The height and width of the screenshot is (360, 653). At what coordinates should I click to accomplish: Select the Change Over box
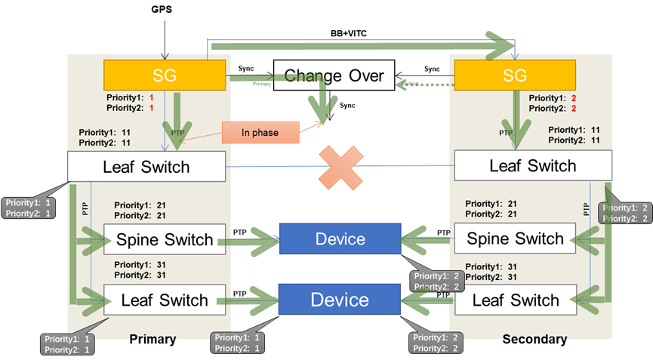pos(334,75)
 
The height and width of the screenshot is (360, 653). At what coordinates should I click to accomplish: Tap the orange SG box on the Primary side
pos(165,75)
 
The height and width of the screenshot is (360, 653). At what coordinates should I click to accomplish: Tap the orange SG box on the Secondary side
pos(515,75)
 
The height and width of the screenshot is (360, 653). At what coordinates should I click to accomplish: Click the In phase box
pos(260,133)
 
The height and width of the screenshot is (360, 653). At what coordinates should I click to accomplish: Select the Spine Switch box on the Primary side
pos(165,241)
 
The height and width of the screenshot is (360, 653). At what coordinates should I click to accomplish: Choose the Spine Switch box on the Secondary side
pos(515,239)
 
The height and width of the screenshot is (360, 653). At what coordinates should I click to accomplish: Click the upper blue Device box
pos(340,239)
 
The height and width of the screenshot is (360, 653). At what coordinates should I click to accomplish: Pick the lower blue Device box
pos(340,300)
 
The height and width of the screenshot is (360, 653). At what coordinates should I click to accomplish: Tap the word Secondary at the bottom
pos(534,339)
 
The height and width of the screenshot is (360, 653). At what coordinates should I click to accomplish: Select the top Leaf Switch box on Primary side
pos(146,166)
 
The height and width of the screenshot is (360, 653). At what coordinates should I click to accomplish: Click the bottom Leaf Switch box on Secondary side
pos(515,300)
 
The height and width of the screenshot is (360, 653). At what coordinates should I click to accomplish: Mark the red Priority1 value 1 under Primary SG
pos(151,98)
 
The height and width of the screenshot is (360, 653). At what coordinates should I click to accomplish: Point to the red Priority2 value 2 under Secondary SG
pos(574,109)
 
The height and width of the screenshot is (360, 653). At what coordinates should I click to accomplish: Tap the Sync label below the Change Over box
pos(347,105)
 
